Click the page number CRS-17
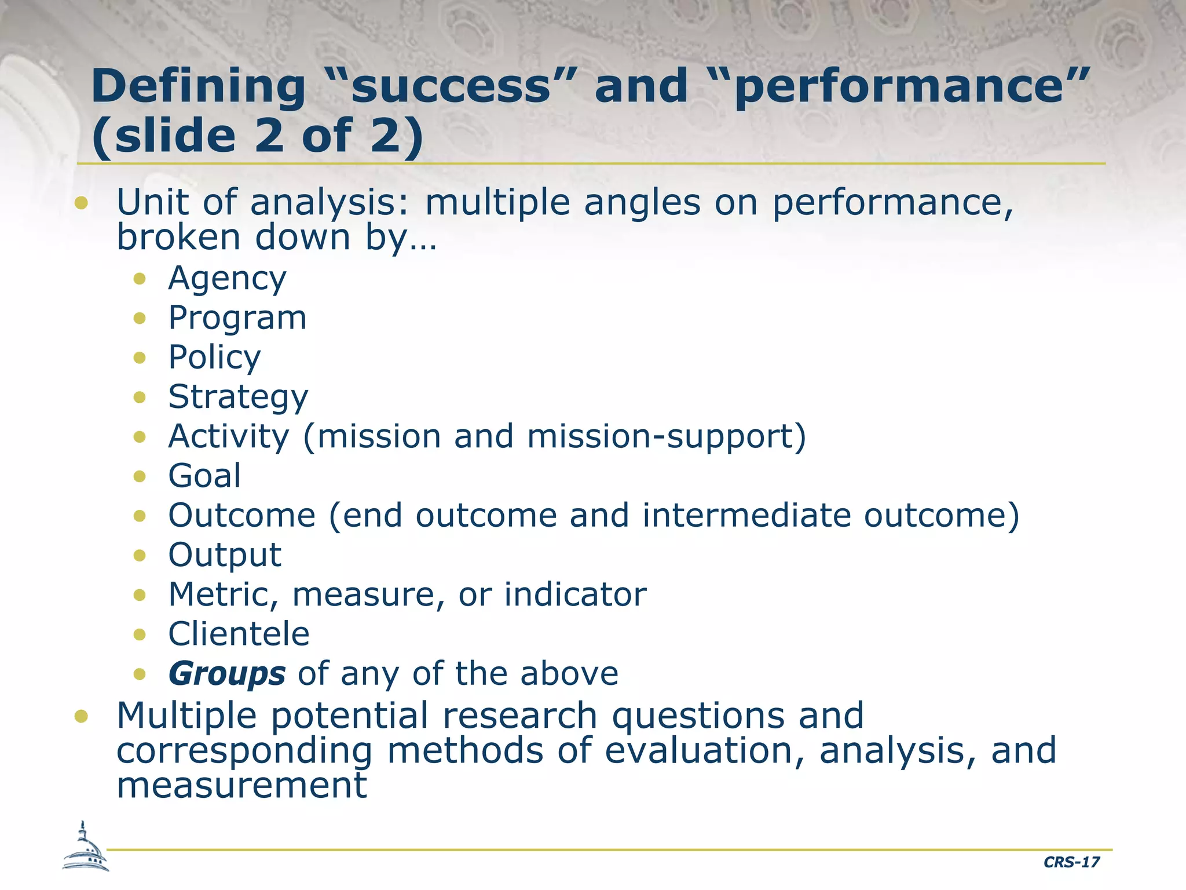pos(1071,862)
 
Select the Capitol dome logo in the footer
pos(85,848)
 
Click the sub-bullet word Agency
pos(227,279)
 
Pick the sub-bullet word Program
pos(237,318)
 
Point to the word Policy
pos(214,358)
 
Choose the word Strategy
pos(238,397)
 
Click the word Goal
pos(204,476)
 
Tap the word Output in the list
pos(225,555)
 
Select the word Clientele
pos(239,634)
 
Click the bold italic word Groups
pos(227,674)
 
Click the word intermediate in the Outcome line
pos(746,516)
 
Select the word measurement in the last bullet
pos(241,786)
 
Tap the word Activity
pos(228,436)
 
